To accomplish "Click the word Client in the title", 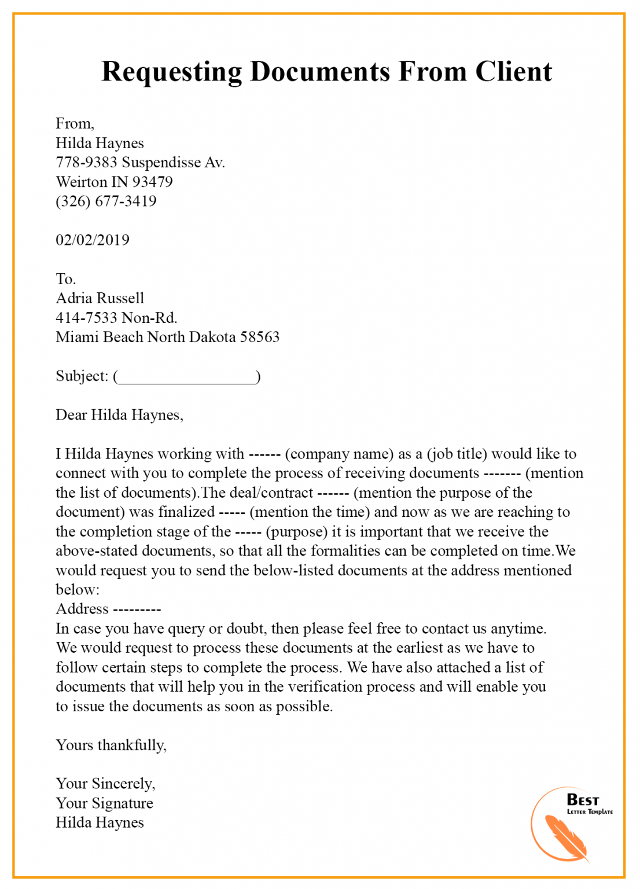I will [x=513, y=72].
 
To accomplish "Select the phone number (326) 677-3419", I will [x=106, y=201].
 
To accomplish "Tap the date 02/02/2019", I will [x=93, y=240].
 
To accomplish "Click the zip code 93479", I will [x=152, y=182].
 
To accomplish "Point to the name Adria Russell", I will [x=100, y=299].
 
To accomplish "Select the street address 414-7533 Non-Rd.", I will [x=116, y=318].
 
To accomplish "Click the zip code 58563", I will [x=260, y=337].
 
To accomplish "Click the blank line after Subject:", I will [x=187, y=377].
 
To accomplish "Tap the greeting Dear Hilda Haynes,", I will [x=119, y=415].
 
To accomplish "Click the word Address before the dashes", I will [x=82, y=609].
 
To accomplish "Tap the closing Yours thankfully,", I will [x=111, y=745].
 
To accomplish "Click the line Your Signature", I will [x=104, y=803].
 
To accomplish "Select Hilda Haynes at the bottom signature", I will [x=100, y=823].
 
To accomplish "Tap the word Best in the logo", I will [x=582, y=800].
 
